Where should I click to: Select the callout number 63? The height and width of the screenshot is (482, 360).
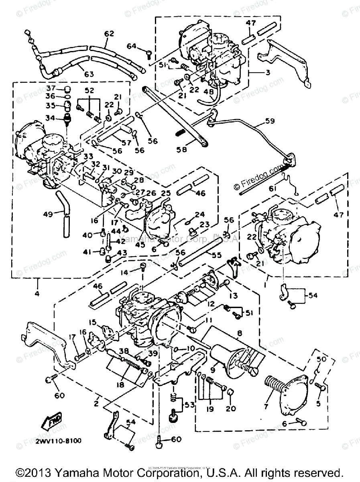point(88,74)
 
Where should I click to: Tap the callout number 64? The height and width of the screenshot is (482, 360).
point(131,46)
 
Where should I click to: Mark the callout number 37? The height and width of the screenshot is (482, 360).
point(51,88)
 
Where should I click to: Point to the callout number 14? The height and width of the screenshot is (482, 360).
point(125,272)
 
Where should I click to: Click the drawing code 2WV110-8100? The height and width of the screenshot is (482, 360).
point(59,441)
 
